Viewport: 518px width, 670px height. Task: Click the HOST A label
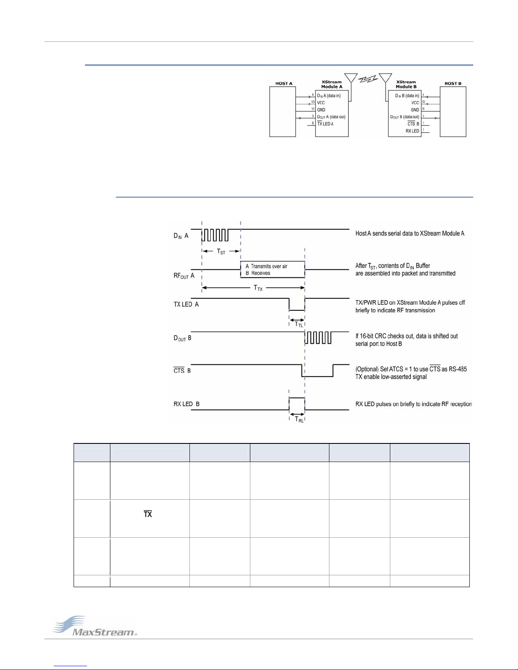point(284,83)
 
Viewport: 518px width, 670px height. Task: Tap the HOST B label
point(453,83)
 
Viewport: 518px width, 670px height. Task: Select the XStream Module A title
point(332,84)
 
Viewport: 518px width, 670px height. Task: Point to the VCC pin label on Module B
point(415,103)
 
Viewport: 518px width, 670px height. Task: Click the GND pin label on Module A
point(321,110)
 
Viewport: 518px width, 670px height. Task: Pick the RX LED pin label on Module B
point(412,131)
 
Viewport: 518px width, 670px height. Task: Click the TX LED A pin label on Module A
point(325,123)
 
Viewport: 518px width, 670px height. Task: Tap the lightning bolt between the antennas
point(368,79)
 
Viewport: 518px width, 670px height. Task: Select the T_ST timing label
point(221,251)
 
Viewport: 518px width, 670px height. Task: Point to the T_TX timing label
point(258,288)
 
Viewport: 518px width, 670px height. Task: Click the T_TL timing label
point(299,324)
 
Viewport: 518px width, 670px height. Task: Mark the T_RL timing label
point(299,419)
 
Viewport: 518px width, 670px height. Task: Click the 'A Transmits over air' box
point(273,270)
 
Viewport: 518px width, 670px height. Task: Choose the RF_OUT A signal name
point(184,276)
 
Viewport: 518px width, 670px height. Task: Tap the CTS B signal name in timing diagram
point(182,370)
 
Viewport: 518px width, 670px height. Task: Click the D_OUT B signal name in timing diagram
point(183,338)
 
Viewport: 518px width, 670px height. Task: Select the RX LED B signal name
point(186,404)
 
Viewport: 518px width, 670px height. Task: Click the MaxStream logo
point(95,626)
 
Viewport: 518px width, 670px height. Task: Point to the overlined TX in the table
point(148,514)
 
